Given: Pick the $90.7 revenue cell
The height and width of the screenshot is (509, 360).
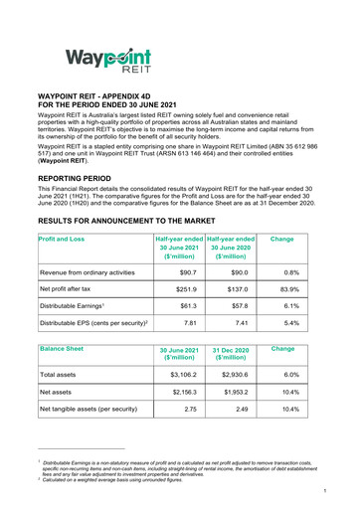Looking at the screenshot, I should point(180,272).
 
